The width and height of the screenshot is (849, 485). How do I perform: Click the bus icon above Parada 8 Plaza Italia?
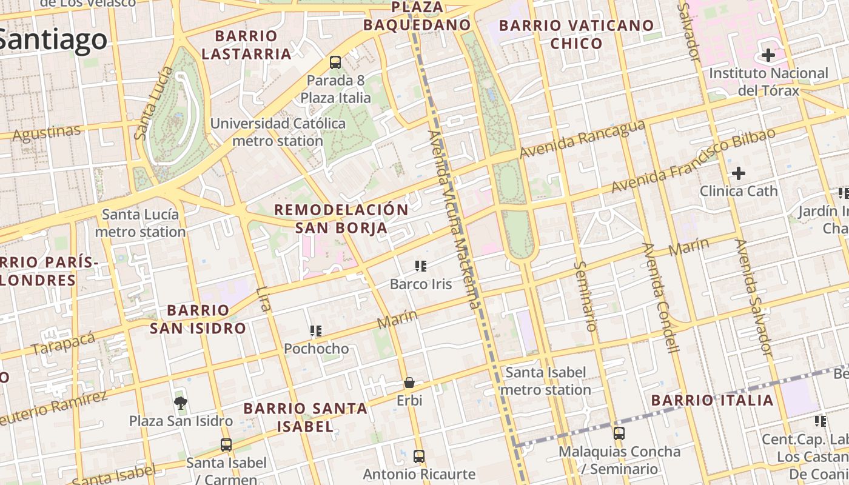pyautogui.click(x=335, y=62)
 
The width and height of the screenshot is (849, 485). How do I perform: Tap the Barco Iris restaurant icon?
pyautogui.click(x=421, y=266)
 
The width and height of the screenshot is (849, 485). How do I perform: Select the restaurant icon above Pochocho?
pyautogui.click(x=316, y=331)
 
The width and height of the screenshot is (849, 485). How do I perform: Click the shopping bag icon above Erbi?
pyautogui.click(x=409, y=383)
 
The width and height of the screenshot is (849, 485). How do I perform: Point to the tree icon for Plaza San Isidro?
pyautogui.click(x=180, y=403)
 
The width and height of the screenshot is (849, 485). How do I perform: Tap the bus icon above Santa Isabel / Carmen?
pyautogui.click(x=226, y=444)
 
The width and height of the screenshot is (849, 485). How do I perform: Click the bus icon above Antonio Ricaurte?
pyautogui.click(x=418, y=456)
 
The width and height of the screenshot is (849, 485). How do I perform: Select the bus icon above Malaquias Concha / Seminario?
pyautogui.click(x=619, y=433)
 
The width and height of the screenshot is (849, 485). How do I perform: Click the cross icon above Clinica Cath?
pyautogui.click(x=738, y=173)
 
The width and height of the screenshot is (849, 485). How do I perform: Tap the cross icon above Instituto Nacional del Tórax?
pyautogui.click(x=768, y=56)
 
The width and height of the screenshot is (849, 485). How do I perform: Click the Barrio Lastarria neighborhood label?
pyautogui.click(x=246, y=45)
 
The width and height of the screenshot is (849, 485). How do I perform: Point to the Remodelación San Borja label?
pyautogui.click(x=341, y=219)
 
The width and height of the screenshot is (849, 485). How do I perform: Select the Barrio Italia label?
pyautogui.click(x=713, y=400)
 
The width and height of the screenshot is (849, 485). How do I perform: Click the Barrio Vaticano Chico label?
pyautogui.click(x=576, y=34)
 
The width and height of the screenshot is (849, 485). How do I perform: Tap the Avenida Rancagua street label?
pyautogui.click(x=582, y=139)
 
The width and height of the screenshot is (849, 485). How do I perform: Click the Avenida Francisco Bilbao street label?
pyautogui.click(x=693, y=161)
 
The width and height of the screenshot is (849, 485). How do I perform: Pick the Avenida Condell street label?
pyautogui.click(x=662, y=297)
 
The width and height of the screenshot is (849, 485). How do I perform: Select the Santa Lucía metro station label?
pyautogui.click(x=140, y=223)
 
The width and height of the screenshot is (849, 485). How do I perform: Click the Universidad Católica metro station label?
pyautogui.click(x=278, y=132)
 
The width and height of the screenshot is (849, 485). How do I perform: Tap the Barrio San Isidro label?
pyautogui.click(x=198, y=319)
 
